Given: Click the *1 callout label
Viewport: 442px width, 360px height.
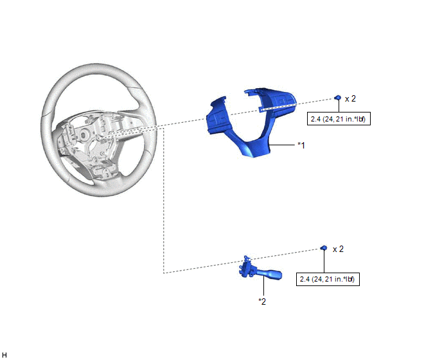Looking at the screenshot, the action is pos(301,145).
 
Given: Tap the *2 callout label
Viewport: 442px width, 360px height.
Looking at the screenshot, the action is pos(262,301).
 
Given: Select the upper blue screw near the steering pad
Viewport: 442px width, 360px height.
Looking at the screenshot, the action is pos(337,98).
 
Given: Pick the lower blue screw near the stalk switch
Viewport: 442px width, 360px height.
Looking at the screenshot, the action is pos(324,248).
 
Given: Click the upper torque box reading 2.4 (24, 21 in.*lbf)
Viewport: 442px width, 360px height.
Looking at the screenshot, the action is pos(339,119).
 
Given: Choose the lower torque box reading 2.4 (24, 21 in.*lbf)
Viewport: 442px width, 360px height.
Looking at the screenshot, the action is pos(328,279).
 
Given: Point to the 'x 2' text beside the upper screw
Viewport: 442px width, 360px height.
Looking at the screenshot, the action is pos(350,99).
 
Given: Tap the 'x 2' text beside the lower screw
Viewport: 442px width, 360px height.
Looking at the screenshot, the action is pos(339,249).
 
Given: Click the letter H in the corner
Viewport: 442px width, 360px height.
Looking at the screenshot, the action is pos(4,355).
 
